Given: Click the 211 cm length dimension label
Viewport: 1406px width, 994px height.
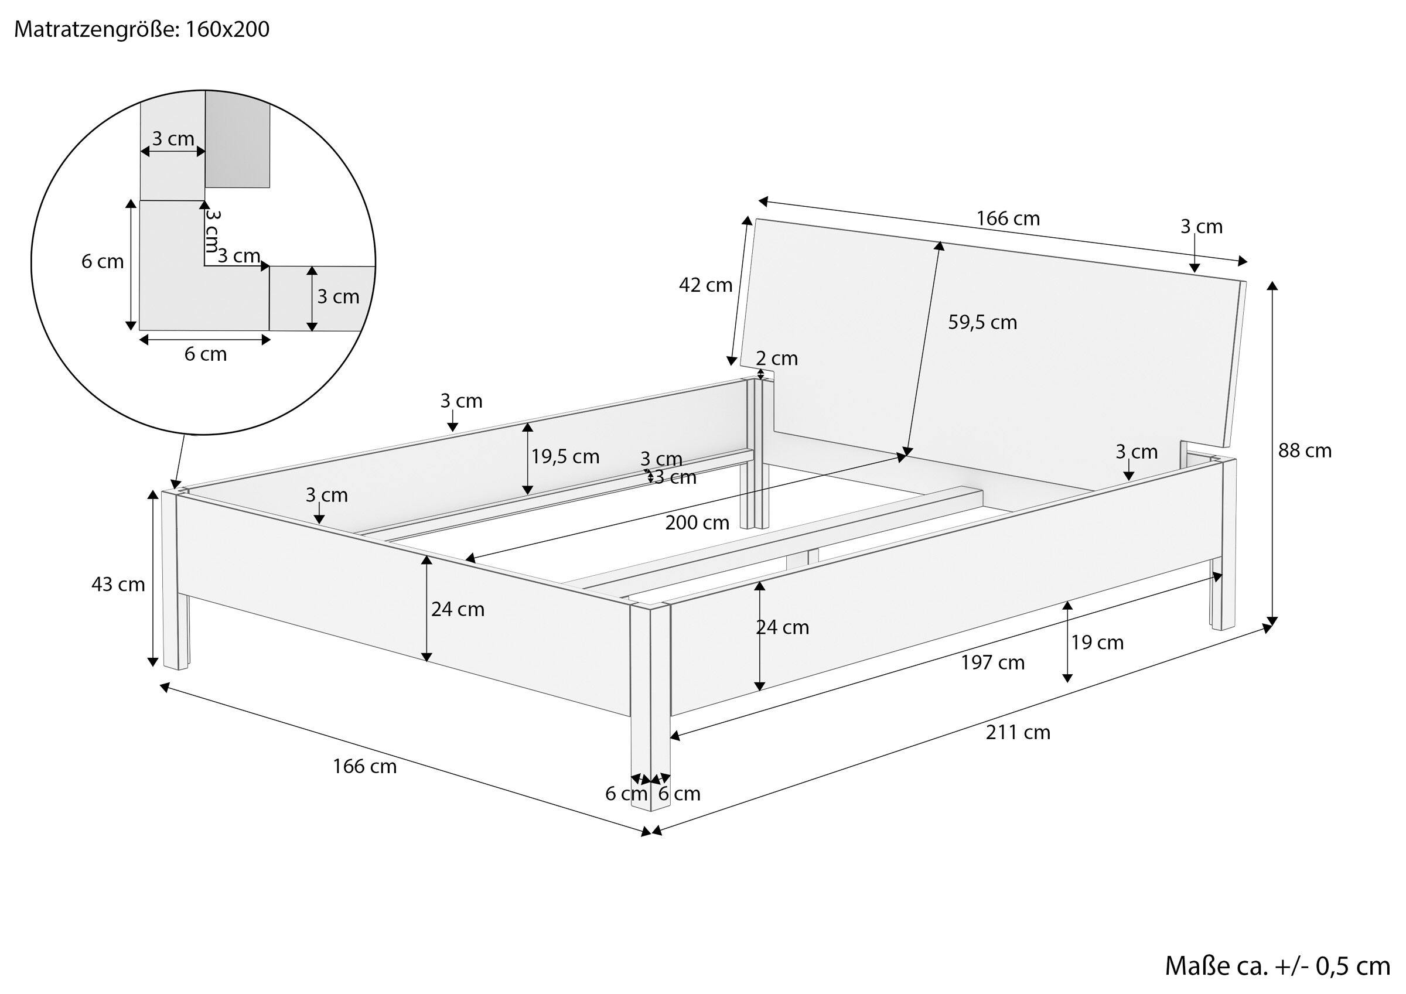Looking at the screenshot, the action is (x=1018, y=733).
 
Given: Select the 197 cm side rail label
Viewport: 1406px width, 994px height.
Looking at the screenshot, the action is (x=992, y=662).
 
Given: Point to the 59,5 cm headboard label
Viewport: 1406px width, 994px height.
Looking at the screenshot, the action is (x=982, y=322).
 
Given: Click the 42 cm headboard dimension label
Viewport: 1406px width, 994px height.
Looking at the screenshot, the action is (x=705, y=285).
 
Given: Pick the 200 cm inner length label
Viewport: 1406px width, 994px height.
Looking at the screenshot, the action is (x=698, y=522).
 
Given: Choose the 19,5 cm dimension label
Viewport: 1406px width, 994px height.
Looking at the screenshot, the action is (x=565, y=456).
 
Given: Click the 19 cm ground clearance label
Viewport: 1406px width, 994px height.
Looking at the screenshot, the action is (x=1097, y=643).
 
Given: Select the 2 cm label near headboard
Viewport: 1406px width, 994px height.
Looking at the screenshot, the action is (x=776, y=358).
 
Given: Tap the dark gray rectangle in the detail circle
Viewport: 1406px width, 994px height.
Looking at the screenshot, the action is (x=237, y=139).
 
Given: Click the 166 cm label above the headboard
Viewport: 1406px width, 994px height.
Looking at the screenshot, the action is (x=1008, y=218).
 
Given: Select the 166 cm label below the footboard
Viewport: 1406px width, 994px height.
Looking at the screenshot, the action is (x=364, y=767).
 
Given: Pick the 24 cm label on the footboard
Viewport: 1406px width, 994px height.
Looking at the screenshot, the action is (x=458, y=609).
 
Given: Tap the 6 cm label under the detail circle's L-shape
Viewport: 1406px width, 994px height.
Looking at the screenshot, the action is (x=205, y=354).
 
